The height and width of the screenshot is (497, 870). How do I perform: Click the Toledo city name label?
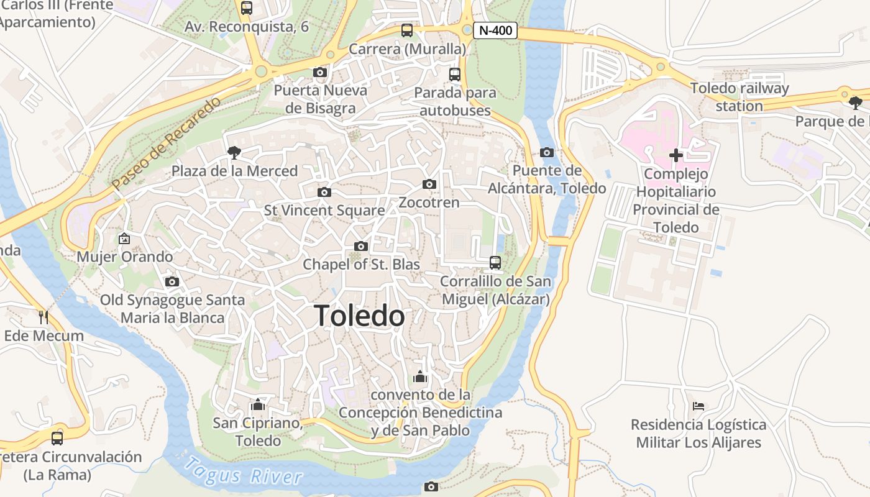[359, 316]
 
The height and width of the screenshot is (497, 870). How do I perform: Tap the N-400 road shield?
[495, 30]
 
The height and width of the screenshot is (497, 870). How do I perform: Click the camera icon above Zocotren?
[429, 185]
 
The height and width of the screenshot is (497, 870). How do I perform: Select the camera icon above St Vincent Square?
[324, 193]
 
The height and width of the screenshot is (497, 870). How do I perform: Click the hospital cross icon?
[676, 155]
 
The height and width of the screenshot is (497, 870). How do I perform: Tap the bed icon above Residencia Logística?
[698, 406]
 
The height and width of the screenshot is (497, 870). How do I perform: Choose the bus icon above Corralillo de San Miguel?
[495, 263]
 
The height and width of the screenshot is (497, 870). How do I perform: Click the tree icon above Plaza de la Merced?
[234, 152]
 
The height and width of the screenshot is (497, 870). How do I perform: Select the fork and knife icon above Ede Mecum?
[43, 317]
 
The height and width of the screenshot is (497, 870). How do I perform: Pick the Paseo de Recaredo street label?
[166, 144]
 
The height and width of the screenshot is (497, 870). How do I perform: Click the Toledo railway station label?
[739, 97]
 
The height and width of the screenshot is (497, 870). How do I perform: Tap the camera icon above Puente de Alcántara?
[547, 153]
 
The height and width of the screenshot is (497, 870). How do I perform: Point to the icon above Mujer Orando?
[124, 238]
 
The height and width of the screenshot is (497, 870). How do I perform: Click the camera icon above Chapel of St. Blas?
[360, 247]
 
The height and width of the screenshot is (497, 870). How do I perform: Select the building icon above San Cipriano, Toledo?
[257, 405]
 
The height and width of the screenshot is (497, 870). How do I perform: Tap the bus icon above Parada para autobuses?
[455, 75]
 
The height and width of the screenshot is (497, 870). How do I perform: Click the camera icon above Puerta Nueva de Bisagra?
[320, 73]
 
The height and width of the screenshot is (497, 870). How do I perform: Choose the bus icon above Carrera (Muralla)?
[407, 30]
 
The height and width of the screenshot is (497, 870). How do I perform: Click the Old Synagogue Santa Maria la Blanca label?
[173, 309]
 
